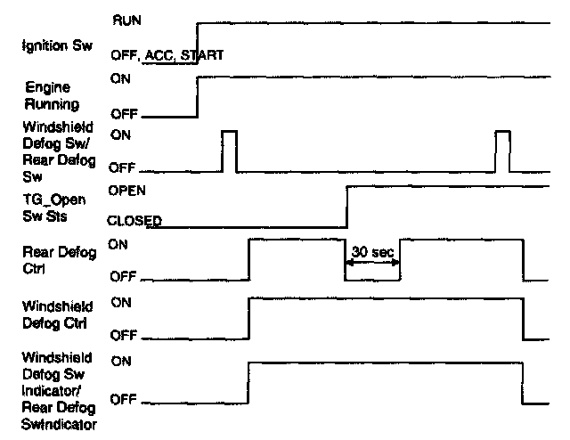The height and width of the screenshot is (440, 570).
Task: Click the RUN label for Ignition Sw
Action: pyautogui.click(x=125, y=18)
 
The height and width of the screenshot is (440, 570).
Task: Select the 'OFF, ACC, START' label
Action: pyautogui.click(x=166, y=55)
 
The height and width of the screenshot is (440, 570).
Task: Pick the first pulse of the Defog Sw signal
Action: pyautogui.click(x=230, y=150)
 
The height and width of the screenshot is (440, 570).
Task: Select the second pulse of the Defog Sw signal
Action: pyautogui.click(x=503, y=150)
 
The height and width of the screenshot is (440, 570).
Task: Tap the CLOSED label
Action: pyautogui.click(x=134, y=218)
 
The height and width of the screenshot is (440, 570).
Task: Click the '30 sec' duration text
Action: pyautogui.click(x=373, y=253)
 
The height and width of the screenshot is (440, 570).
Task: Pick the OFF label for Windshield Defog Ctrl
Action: pyautogui.click(x=122, y=336)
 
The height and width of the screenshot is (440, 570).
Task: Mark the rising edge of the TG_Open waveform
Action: pyautogui.click(x=346, y=207)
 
